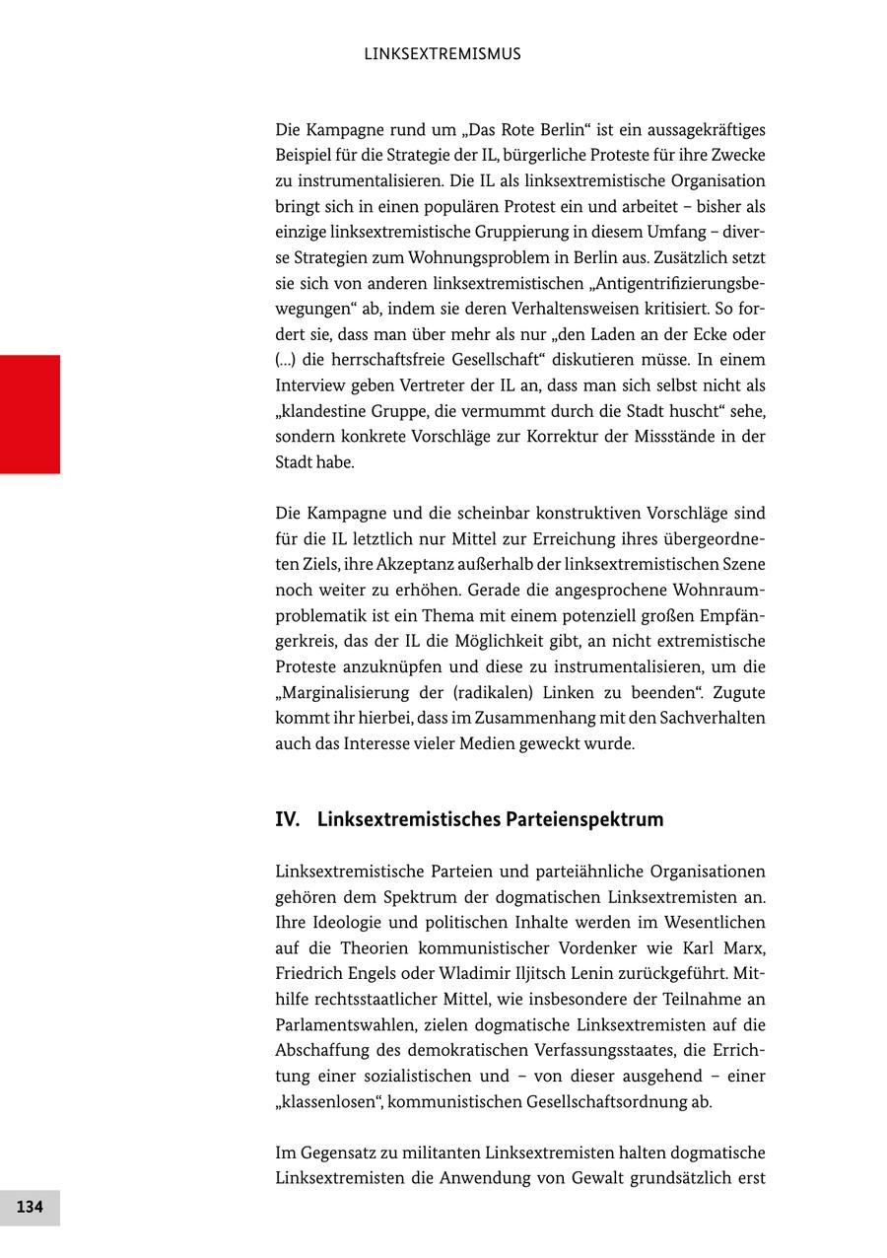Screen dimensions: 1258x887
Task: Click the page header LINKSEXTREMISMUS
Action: pos(443,54)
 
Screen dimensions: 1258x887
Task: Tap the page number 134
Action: pos(30,1207)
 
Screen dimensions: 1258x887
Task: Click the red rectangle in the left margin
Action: pos(30,414)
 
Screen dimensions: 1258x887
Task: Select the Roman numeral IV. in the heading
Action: pos(288,819)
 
